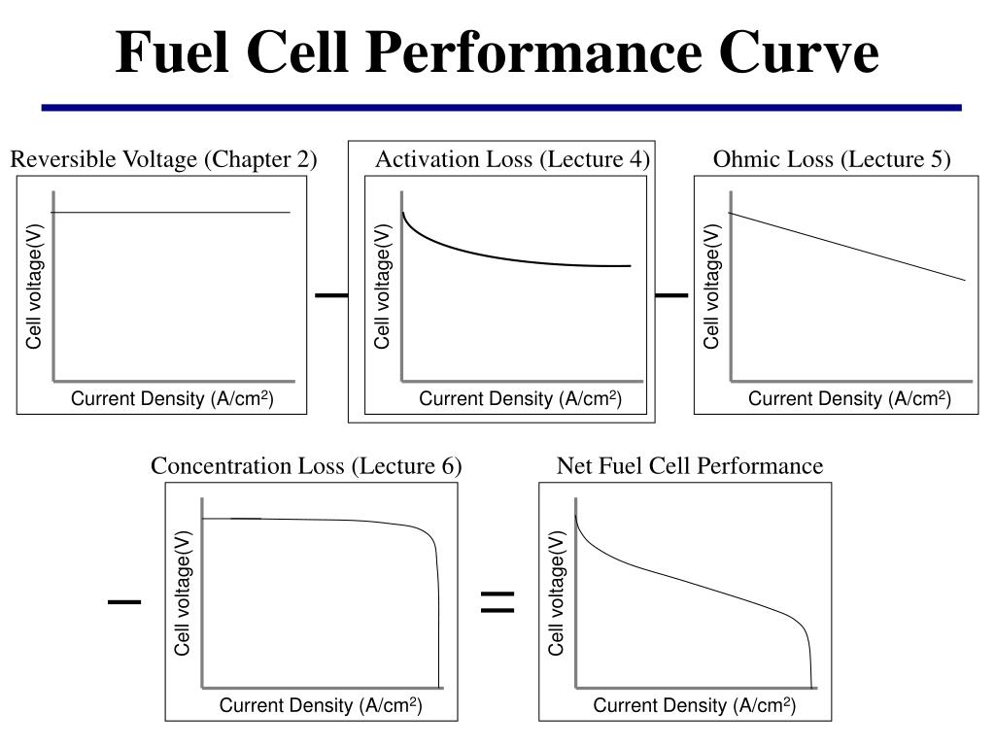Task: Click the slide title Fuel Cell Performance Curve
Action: tap(497, 52)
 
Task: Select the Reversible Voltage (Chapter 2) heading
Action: tap(163, 159)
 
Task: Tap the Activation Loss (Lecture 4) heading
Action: tap(512, 159)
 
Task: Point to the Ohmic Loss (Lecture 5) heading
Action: tap(832, 159)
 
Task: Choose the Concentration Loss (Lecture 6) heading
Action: tap(306, 466)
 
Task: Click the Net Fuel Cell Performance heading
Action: tap(689, 466)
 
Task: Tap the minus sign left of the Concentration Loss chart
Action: tap(124, 602)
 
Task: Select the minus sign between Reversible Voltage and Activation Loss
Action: tap(331, 293)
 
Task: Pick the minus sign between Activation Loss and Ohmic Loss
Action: tap(671, 293)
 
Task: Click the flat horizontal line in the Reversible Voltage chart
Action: tap(170, 212)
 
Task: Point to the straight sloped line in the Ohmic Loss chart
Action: tap(845, 246)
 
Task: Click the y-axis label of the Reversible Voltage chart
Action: tap(34, 286)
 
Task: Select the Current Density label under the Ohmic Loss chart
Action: tap(848, 398)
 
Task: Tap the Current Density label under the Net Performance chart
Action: tap(695, 705)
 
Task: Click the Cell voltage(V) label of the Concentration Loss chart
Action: tap(183, 593)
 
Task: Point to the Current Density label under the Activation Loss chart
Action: tap(520, 398)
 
